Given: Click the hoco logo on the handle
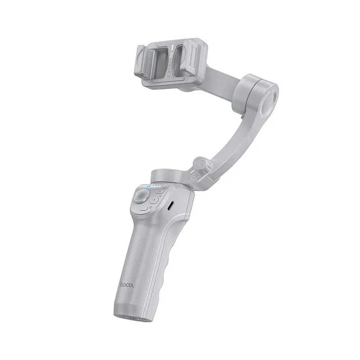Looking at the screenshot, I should click(x=126, y=284).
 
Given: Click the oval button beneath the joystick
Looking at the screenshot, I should click(x=144, y=208).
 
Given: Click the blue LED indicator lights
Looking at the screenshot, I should click(x=152, y=186).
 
